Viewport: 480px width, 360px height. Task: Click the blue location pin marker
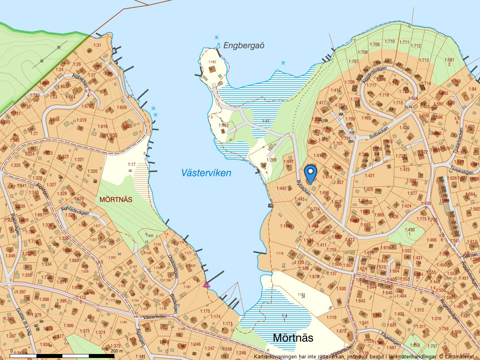pos(310,174)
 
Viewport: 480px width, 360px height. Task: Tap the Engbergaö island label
pos(244,45)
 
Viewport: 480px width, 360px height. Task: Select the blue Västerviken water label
pos(206,173)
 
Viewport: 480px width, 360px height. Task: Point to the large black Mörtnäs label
pos(293,338)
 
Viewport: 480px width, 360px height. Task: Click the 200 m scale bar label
pos(117,351)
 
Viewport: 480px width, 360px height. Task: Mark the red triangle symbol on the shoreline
pos(206,284)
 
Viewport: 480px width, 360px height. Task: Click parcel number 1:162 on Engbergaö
pos(212,62)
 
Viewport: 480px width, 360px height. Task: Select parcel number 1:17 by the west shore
pos(132,164)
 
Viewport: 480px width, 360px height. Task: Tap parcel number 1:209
pos(272,160)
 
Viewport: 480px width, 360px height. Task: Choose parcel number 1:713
pos(424,60)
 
